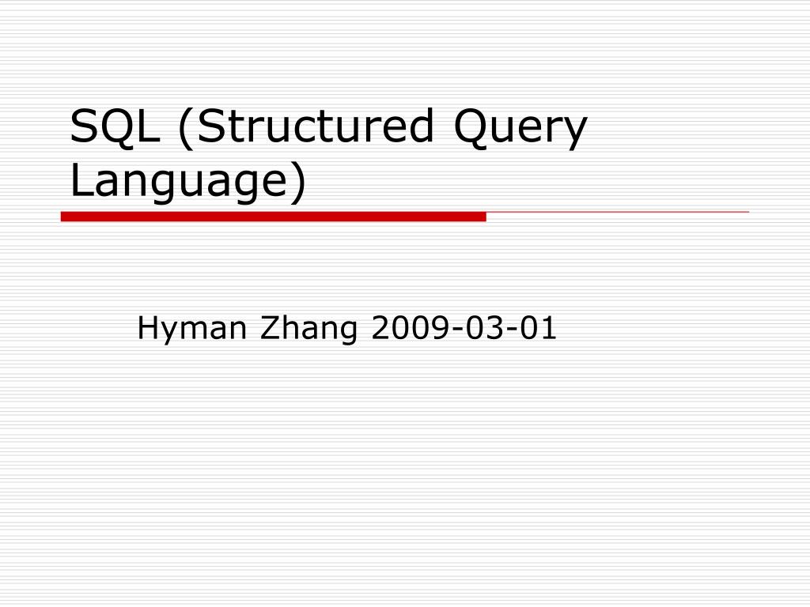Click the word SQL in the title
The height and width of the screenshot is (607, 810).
[114, 127]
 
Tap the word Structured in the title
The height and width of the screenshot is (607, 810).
[315, 126]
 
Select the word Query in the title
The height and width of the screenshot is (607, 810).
[520, 129]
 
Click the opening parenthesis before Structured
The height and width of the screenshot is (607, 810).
[185, 128]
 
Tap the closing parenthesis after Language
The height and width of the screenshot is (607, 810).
[298, 181]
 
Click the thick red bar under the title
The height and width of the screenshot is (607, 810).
[273, 217]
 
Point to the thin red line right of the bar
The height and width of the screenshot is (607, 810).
[617, 212]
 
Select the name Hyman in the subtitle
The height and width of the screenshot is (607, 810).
[191, 329]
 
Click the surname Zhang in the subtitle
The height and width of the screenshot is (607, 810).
[308, 329]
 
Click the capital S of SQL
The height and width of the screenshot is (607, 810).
[84, 126]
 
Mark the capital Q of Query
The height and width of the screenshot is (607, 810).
[471, 129]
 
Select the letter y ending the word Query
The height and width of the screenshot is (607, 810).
[574, 134]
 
